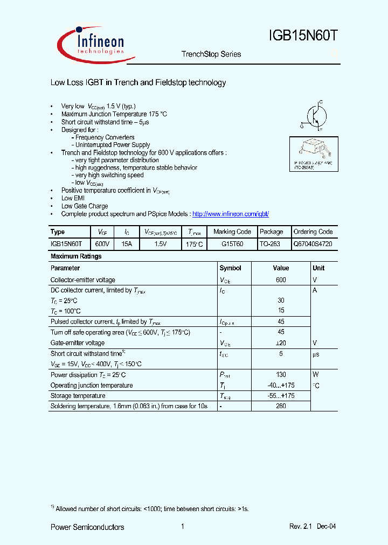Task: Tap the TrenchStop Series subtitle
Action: click(211, 54)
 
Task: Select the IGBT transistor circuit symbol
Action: click(313, 115)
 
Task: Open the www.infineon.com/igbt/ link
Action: click(230, 214)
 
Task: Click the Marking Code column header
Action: click(232, 232)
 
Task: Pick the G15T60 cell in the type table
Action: click(232, 244)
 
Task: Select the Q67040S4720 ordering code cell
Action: click(313, 244)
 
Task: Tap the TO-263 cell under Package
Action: click(269, 244)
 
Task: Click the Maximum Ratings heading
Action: click(76, 256)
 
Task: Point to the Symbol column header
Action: click(230, 268)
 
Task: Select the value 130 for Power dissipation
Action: click(281, 375)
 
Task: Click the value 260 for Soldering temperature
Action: click(281, 406)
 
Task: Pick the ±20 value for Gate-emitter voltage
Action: click(281, 343)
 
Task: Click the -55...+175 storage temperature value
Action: click(281, 396)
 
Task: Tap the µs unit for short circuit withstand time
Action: click(316, 354)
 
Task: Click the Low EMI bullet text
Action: click(73, 198)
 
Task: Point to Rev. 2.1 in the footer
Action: click(301, 527)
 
